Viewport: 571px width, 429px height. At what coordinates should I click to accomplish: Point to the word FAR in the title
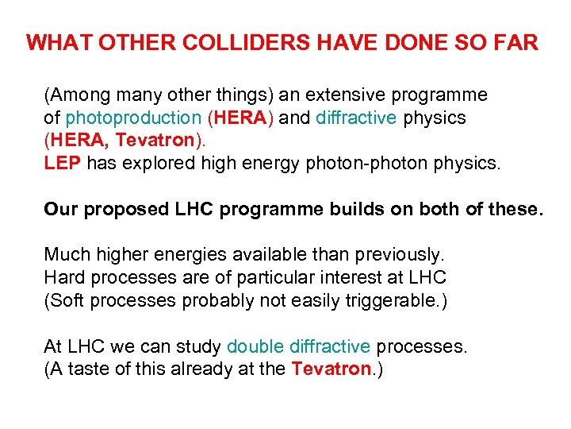519,42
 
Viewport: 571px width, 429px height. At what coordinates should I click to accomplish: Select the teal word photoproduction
133,118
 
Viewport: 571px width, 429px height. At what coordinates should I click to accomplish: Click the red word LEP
63,164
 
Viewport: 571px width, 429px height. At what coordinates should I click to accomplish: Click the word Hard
64,278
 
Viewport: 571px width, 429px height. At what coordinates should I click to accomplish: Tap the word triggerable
391,301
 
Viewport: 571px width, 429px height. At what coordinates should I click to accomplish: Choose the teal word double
255,347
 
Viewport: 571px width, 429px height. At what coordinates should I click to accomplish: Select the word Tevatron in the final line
331,369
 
